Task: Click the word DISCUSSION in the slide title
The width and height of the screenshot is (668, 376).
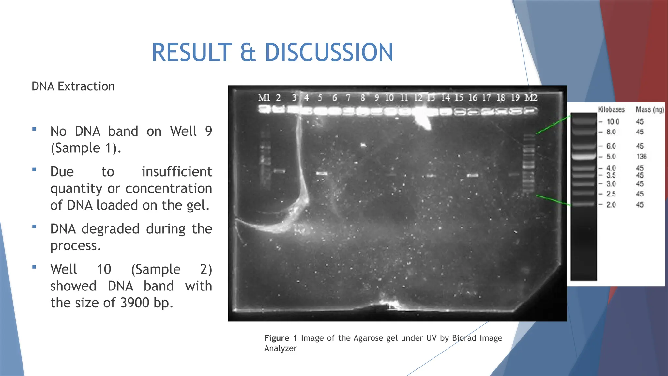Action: click(x=329, y=53)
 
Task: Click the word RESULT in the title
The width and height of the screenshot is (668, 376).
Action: click(x=192, y=53)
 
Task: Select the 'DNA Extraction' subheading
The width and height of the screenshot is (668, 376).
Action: click(x=73, y=86)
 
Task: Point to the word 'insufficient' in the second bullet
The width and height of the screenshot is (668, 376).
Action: click(x=177, y=172)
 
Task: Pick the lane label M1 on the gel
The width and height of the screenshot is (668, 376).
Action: click(x=264, y=98)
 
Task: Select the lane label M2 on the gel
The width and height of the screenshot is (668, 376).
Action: click(x=531, y=98)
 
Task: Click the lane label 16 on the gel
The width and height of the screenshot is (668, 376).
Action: click(x=473, y=98)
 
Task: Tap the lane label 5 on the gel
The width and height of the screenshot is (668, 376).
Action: click(x=320, y=98)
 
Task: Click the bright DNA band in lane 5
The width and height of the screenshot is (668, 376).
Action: click(x=322, y=174)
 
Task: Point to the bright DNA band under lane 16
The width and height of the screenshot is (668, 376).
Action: click(x=473, y=175)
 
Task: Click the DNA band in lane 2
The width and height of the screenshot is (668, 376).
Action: click(x=279, y=171)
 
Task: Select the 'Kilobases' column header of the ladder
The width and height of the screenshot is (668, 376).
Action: click(x=611, y=109)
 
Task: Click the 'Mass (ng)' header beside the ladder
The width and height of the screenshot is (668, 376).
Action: click(x=650, y=109)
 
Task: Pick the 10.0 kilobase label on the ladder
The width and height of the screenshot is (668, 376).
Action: click(x=613, y=122)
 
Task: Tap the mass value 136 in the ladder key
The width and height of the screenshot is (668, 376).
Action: click(x=641, y=157)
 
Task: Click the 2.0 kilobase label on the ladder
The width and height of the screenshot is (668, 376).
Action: click(x=611, y=205)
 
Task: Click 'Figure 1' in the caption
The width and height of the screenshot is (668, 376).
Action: click(x=281, y=338)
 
